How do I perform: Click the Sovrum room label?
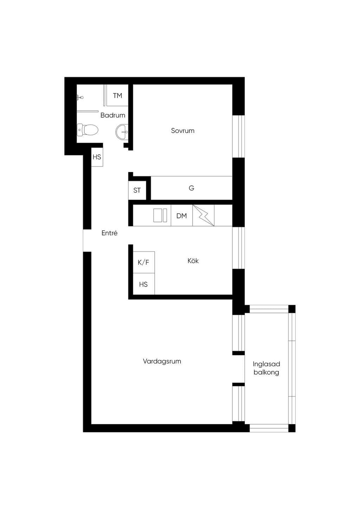182,131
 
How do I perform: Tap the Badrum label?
113,115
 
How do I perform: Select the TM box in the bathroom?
117,95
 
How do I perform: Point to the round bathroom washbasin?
122,131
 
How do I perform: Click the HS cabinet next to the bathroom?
97,157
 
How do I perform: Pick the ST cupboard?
137,190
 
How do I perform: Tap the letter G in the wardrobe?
191,188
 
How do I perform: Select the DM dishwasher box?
182,215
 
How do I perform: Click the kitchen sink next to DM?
160,215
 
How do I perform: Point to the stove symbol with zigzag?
204,215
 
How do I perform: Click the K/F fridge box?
144,262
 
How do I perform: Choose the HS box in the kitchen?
144,284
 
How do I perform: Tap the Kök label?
193,260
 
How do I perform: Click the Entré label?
110,233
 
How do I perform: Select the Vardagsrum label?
162,361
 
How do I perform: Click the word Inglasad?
266,364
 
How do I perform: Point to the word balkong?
266,372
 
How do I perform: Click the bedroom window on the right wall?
238,136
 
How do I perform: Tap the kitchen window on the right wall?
238,248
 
